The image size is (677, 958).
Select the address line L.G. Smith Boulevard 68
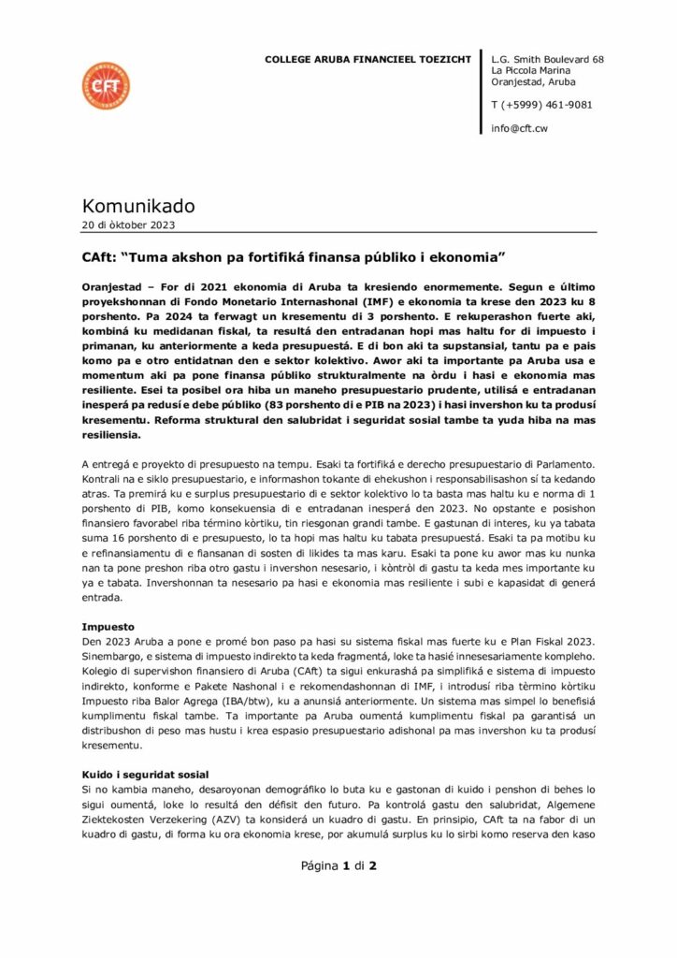[x=547, y=60]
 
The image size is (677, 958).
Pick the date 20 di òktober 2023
[x=128, y=225]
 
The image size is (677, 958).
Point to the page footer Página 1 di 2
[x=338, y=866]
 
